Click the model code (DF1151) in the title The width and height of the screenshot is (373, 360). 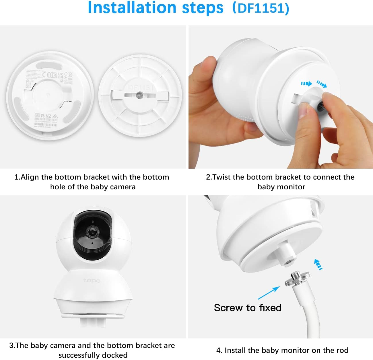(261, 8)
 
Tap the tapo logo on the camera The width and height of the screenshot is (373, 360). (92, 280)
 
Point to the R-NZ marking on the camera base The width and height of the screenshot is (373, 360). (46, 116)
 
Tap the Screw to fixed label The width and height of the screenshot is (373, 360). (247, 308)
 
